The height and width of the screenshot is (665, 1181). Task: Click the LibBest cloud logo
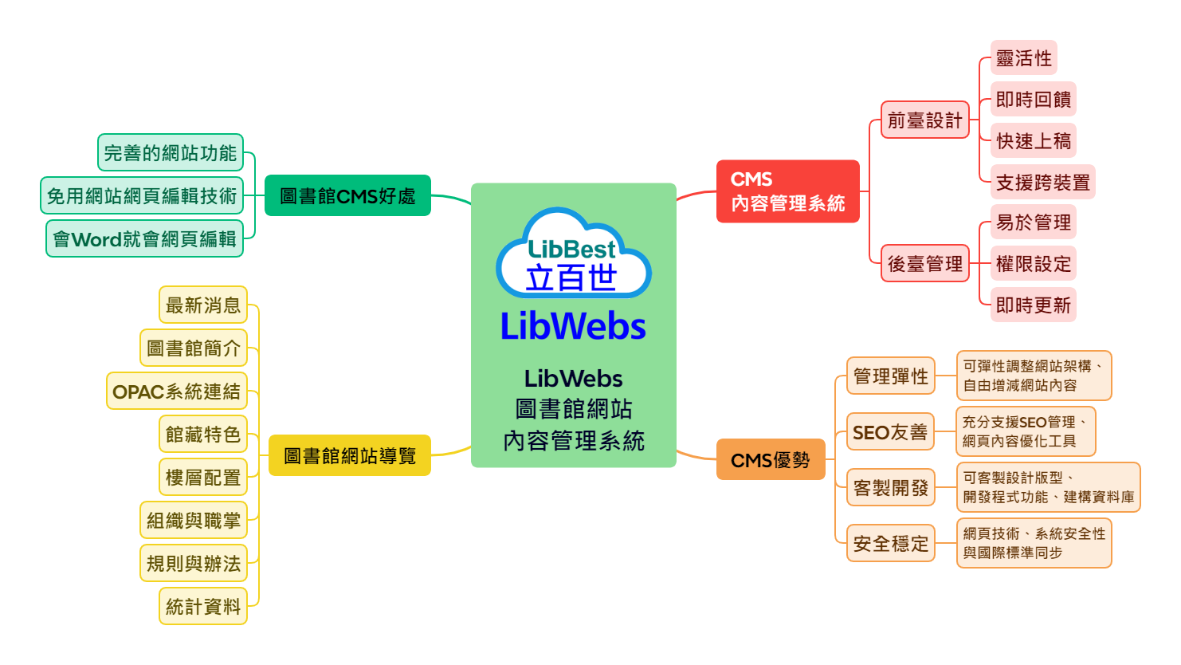(x=573, y=254)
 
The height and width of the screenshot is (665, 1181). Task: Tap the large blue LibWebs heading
(x=573, y=326)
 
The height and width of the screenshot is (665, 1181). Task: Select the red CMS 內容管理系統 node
(x=787, y=191)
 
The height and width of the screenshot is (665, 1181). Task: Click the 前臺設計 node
(x=924, y=120)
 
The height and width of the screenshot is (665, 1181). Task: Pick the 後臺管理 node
(x=924, y=264)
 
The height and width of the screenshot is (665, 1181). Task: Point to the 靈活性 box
(x=1023, y=58)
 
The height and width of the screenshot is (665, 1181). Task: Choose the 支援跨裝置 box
(x=1042, y=183)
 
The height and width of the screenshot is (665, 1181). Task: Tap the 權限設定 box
(x=1033, y=264)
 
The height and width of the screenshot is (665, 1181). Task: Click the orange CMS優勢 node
(x=770, y=460)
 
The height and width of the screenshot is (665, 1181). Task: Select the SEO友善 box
(x=890, y=432)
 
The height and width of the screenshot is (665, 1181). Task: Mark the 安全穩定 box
(x=890, y=544)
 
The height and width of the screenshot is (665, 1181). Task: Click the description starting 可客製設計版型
(x=1047, y=487)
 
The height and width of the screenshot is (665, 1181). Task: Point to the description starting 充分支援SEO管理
(x=1025, y=431)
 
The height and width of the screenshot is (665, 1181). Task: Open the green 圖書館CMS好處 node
(x=347, y=195)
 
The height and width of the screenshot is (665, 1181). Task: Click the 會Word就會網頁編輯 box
(x=144, y=239)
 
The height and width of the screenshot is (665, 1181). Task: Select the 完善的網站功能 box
(x=171, y=152)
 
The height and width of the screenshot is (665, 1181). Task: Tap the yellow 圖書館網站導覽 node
(x=349, y=455)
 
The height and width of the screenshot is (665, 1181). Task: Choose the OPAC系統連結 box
(x=177, y=392)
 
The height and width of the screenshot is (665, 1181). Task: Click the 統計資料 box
(x=202, y=607)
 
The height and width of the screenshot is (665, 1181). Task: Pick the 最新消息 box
(x=202, y=305)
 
